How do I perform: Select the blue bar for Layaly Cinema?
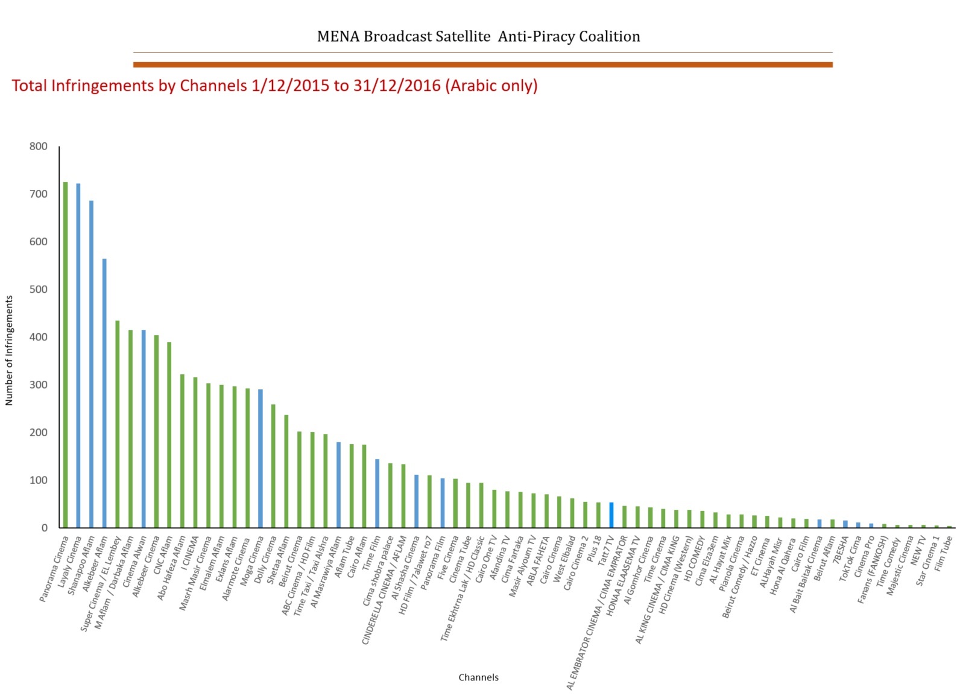tap(78, 356)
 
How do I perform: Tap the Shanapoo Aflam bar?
tap(92, 364)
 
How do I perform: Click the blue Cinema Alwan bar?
tap(144, 428)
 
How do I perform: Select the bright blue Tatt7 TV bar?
tap(611, 515)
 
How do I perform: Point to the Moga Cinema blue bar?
tap(261, 458)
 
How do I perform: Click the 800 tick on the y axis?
tap(38, 146)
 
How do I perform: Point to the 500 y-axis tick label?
tap(38, 289)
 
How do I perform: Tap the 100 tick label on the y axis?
tap(38, 480)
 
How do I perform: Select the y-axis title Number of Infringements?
tap(9, 350)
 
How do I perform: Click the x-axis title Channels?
tap(478, 677)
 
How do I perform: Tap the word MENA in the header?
tap(338, 37)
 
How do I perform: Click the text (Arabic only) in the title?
tap(491, 86)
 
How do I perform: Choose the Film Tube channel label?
tap(943, 554)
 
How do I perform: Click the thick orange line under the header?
tap(482, 64)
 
